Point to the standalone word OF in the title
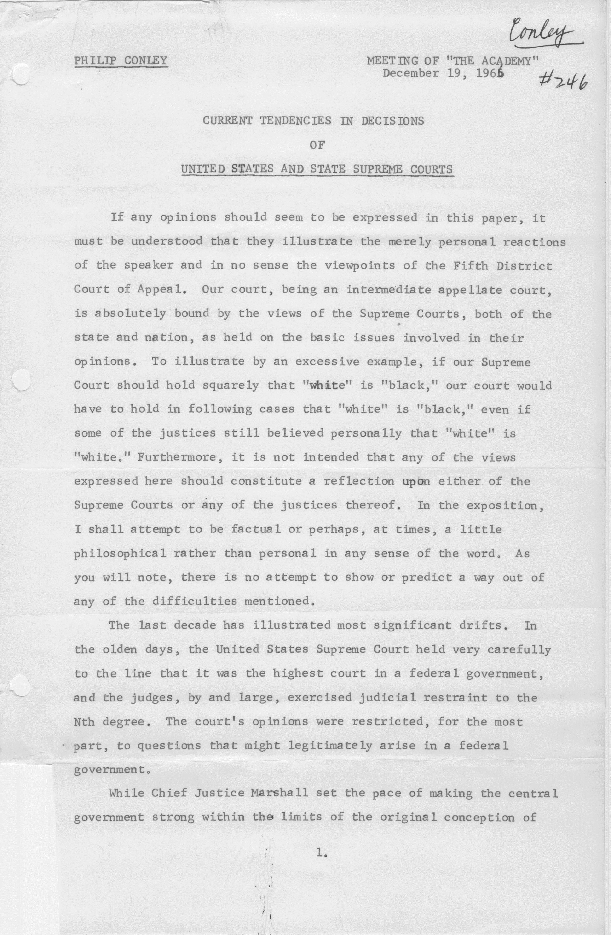(x=317, y=145)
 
